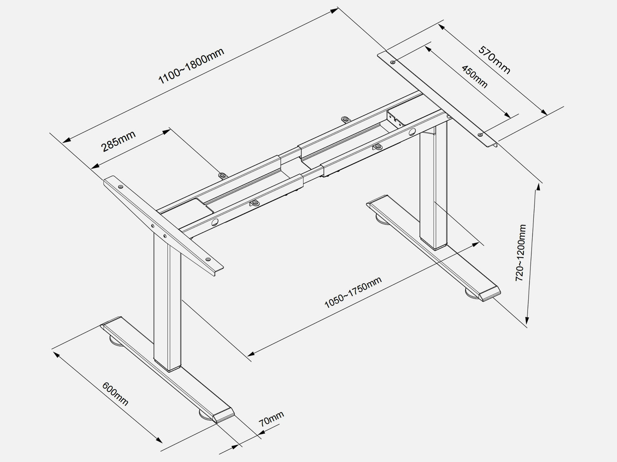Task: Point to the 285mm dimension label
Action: [118, 141]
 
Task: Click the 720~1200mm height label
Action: [521, 253]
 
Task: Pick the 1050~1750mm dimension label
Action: [353, 292]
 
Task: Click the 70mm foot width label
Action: [271, 417]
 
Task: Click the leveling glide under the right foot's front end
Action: [471, 294]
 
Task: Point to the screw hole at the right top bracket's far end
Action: [393, 62]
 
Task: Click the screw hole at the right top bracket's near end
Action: [480, 134]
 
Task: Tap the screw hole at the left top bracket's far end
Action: [121, 186]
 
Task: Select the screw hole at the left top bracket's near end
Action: [208, 259]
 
